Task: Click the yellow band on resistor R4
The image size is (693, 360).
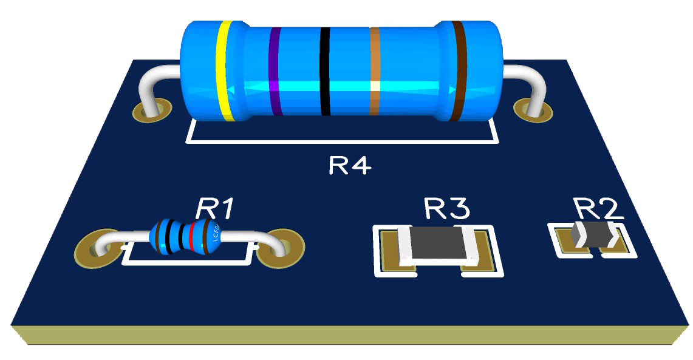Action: click(x=226, y=70)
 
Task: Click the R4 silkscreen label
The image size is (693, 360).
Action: click(x=349, y=165)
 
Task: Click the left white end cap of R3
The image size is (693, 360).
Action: click(x=405, y=244)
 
